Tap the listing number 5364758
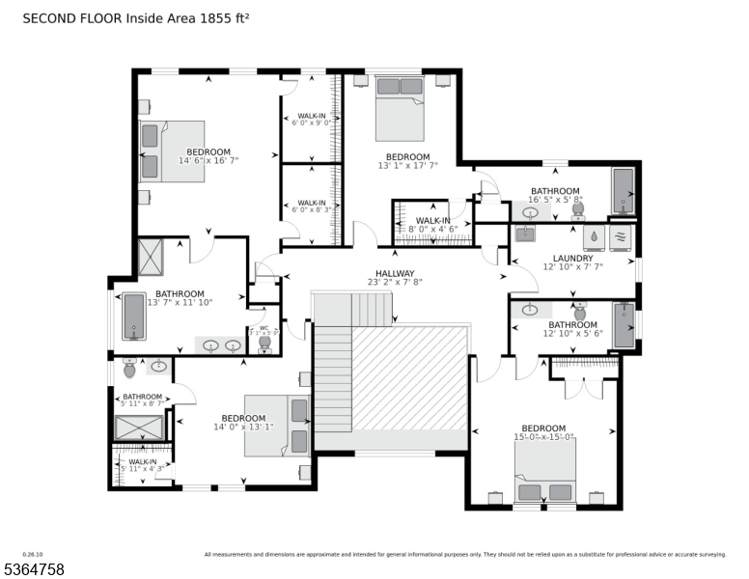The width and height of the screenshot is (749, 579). (x=34, y=569)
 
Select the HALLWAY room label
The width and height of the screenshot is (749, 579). (x=395, y=273)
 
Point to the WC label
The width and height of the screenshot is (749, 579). (x=264, y=328)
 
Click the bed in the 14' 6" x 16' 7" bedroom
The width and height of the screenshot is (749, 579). (x=173, y=151)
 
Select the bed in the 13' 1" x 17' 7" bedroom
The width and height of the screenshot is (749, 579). (x=399, y=108)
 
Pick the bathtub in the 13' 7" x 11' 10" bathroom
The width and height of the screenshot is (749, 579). (x=133, y=317)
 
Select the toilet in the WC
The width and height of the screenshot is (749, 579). (x=264, y=343)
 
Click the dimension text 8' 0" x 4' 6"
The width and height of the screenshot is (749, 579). (x=433, y=230)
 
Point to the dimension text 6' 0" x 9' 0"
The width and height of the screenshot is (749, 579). (x=311, y=123)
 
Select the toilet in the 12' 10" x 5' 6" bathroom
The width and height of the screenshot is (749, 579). (x=580, y=310)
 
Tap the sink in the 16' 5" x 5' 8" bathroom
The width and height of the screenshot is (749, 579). (x=530, y=212)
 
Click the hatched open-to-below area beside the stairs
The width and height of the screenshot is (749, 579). (x=410, y=376)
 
